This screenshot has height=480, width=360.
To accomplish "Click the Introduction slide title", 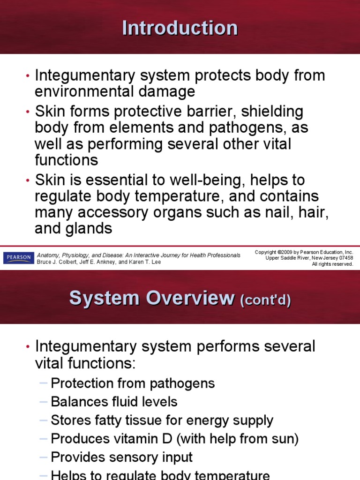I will tap(180, 28).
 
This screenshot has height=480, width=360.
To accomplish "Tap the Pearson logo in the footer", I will tap(18, 258).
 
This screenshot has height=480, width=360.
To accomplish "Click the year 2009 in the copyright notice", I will tap(286, 252).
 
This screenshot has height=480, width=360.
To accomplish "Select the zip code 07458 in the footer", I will tap(345, 258).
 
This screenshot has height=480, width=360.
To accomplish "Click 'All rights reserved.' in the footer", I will tap(332, 264).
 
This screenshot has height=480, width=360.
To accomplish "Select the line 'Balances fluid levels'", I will tap(114, 402).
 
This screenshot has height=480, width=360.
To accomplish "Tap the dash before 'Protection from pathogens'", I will tap(44, 383).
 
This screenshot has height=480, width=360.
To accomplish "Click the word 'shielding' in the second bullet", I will tap(270, 112).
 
